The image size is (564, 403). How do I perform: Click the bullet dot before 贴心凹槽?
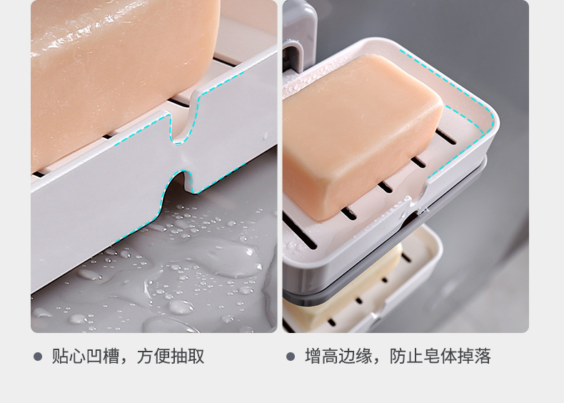tap(38, 356)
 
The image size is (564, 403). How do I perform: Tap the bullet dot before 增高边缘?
tap(291, 356)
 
